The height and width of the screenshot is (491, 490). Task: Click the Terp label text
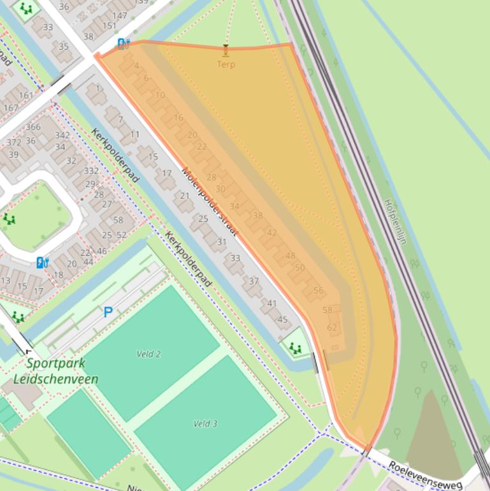coord(226,64)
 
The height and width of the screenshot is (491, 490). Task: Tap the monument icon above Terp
coord(226,50)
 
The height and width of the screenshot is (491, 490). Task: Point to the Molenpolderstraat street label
coord(209,201)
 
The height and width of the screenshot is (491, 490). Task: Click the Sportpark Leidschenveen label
coord(55,371)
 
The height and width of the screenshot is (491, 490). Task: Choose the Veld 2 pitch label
coord(148,354)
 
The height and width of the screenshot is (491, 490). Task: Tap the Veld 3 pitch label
coord(205,423)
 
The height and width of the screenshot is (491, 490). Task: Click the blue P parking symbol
coord(108,312)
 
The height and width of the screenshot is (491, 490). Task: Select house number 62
coord(332,328)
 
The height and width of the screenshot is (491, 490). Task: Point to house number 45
coord(282,319)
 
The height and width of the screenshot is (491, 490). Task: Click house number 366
coord(33,127)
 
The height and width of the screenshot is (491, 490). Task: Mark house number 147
coord(119,15)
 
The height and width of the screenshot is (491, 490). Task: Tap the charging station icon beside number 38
coord(123,43)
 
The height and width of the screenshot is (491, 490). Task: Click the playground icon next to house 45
coord(295,348)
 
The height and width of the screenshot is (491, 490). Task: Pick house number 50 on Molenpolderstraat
coord(300,268)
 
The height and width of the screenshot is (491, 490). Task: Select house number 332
coord(91,170)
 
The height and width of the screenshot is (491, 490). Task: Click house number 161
coord(25,96)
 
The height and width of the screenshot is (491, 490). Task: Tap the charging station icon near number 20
coord(42,262)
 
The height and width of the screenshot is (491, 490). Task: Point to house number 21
coord(185,195)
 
